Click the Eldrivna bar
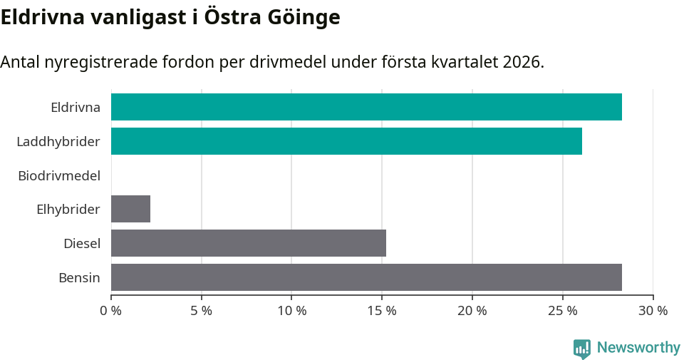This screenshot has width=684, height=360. click(366, 107)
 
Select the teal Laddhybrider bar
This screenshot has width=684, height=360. click(346, 141)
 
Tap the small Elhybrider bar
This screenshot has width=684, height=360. click(130, 209)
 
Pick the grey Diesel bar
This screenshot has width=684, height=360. click(249, 243)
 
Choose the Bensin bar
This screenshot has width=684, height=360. click(366, 277)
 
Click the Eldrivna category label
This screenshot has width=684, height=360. click(76, 108)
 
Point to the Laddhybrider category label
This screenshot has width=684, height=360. click(58, 142)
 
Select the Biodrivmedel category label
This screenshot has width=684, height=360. click(59, 175)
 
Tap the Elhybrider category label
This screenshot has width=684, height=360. click(68, 210)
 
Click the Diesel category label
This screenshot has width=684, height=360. click(82, 244)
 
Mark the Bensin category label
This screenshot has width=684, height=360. click(79, 278)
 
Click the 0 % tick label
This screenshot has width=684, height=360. click(111, 311)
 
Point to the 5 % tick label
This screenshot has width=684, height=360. click(202, 311)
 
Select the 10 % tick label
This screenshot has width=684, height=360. click(291, 311)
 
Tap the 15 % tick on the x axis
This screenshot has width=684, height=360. click(382, 311)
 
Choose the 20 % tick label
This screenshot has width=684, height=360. click(472, 311)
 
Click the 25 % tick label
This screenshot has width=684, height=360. click(562, 311)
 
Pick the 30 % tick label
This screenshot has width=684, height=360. click(653, 311)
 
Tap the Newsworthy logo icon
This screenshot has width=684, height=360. click(582, 349)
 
